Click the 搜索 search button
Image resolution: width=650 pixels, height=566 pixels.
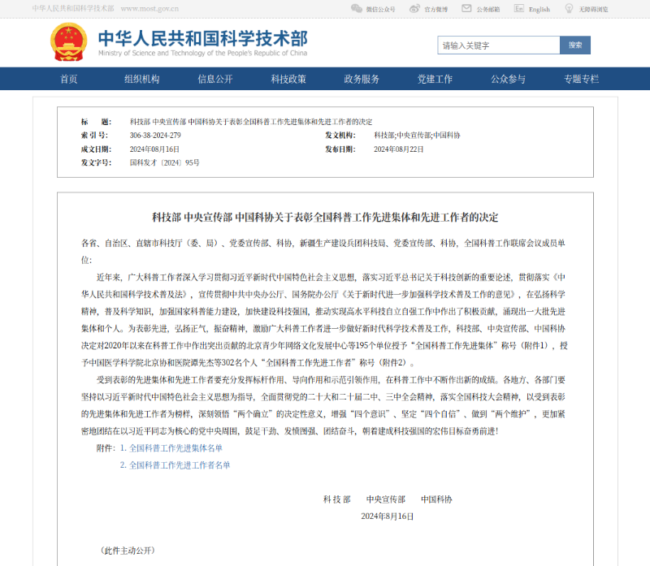click(575, 45)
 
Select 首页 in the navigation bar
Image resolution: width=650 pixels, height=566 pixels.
click(69, 79)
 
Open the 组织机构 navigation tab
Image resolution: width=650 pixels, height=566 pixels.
click(142, 79)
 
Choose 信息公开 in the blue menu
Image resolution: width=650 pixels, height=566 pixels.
click(215, 79)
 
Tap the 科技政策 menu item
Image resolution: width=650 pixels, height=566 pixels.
click(288, 79)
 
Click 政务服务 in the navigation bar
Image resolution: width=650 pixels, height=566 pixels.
click(362, 79)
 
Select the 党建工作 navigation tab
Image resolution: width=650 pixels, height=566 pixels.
click(435, 79)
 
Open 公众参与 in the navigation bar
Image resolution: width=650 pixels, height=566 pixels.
click(508, 79)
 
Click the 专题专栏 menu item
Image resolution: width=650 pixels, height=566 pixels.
click(581, 79)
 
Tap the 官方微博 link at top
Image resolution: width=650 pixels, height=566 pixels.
click(435, 9)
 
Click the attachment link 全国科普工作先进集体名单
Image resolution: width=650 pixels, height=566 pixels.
click(175, 447)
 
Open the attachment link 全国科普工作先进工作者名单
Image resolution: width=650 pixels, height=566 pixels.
click(180, 465)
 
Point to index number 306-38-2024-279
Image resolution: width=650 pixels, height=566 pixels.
click(155, 135)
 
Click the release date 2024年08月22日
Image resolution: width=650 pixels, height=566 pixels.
click(399, 149)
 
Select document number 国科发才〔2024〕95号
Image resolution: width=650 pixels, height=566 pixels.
click(165, 163)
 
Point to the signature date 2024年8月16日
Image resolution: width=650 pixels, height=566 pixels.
click(388, 516)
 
